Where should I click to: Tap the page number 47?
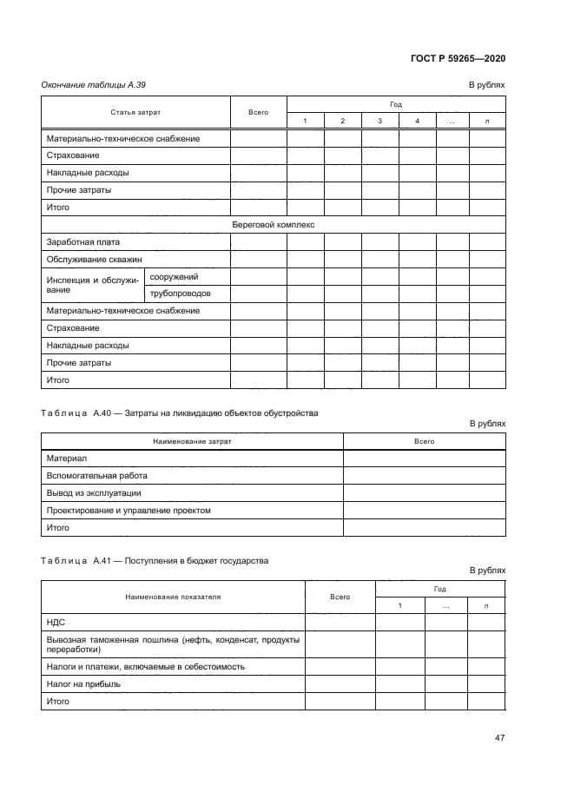click(499, 738)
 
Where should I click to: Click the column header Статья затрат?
click(135, 112)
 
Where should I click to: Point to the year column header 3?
click(380, 121)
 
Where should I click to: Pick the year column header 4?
click(417, 121)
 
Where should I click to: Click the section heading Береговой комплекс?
click(273, 225)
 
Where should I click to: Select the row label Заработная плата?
click(82, 242)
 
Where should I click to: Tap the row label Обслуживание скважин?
click(94, 259)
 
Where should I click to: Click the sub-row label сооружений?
click(174, 276)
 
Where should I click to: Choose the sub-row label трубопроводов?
click(181, 294)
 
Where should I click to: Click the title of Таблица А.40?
click(180, 413)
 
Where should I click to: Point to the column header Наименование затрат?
click(192, 441)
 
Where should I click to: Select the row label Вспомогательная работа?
click(96, 476)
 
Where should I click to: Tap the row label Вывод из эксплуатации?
click(93, 493)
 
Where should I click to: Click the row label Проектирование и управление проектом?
click(128, 511)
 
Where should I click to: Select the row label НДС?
click(56, 623)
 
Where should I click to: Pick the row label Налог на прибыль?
click(83, 683)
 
